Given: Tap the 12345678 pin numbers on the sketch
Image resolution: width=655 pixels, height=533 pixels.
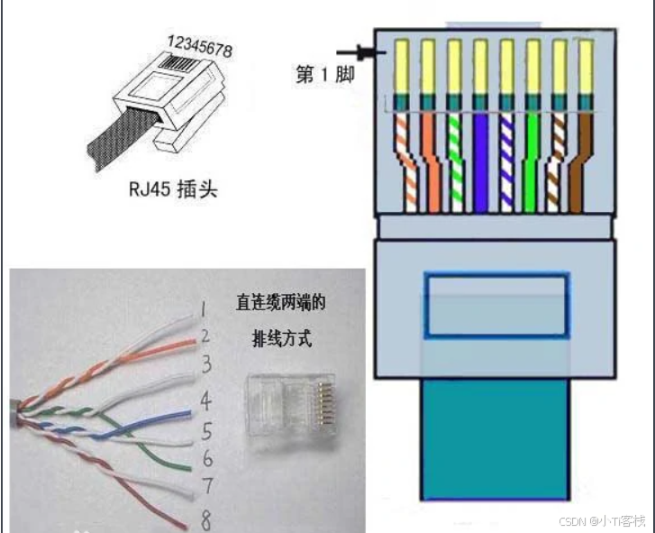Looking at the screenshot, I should (x=199, y=46).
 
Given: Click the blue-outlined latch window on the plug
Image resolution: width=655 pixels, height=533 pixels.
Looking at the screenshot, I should (x=496, y=307).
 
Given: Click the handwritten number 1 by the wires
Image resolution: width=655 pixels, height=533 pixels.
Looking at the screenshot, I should (x=205, y=309).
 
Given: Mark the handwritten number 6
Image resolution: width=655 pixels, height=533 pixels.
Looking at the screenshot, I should (x=206, y=457).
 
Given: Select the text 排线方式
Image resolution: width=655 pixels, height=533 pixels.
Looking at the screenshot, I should (x=280, y=339).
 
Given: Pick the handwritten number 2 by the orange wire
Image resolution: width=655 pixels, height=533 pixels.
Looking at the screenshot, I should (x=205, y=336).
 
